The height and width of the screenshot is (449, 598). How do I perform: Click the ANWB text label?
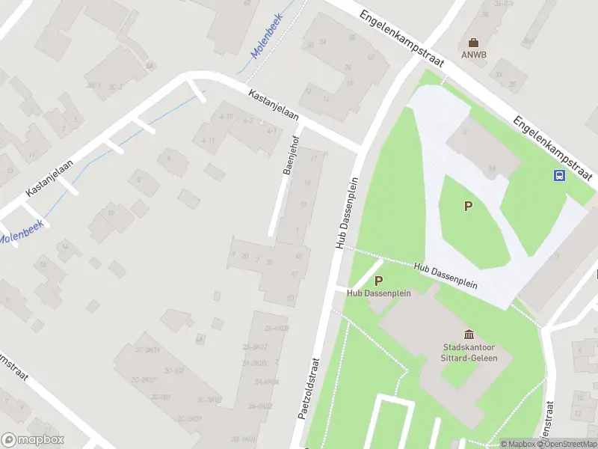472,55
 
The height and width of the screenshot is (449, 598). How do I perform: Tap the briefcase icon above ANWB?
472,43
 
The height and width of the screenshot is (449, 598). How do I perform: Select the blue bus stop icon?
559,175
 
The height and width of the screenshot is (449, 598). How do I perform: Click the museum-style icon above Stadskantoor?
469,334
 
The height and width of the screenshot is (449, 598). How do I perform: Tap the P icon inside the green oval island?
469,207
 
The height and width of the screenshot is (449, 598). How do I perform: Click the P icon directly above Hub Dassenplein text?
378,281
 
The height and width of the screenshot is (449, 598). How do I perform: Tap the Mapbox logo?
33,440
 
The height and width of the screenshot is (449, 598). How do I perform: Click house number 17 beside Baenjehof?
314,159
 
